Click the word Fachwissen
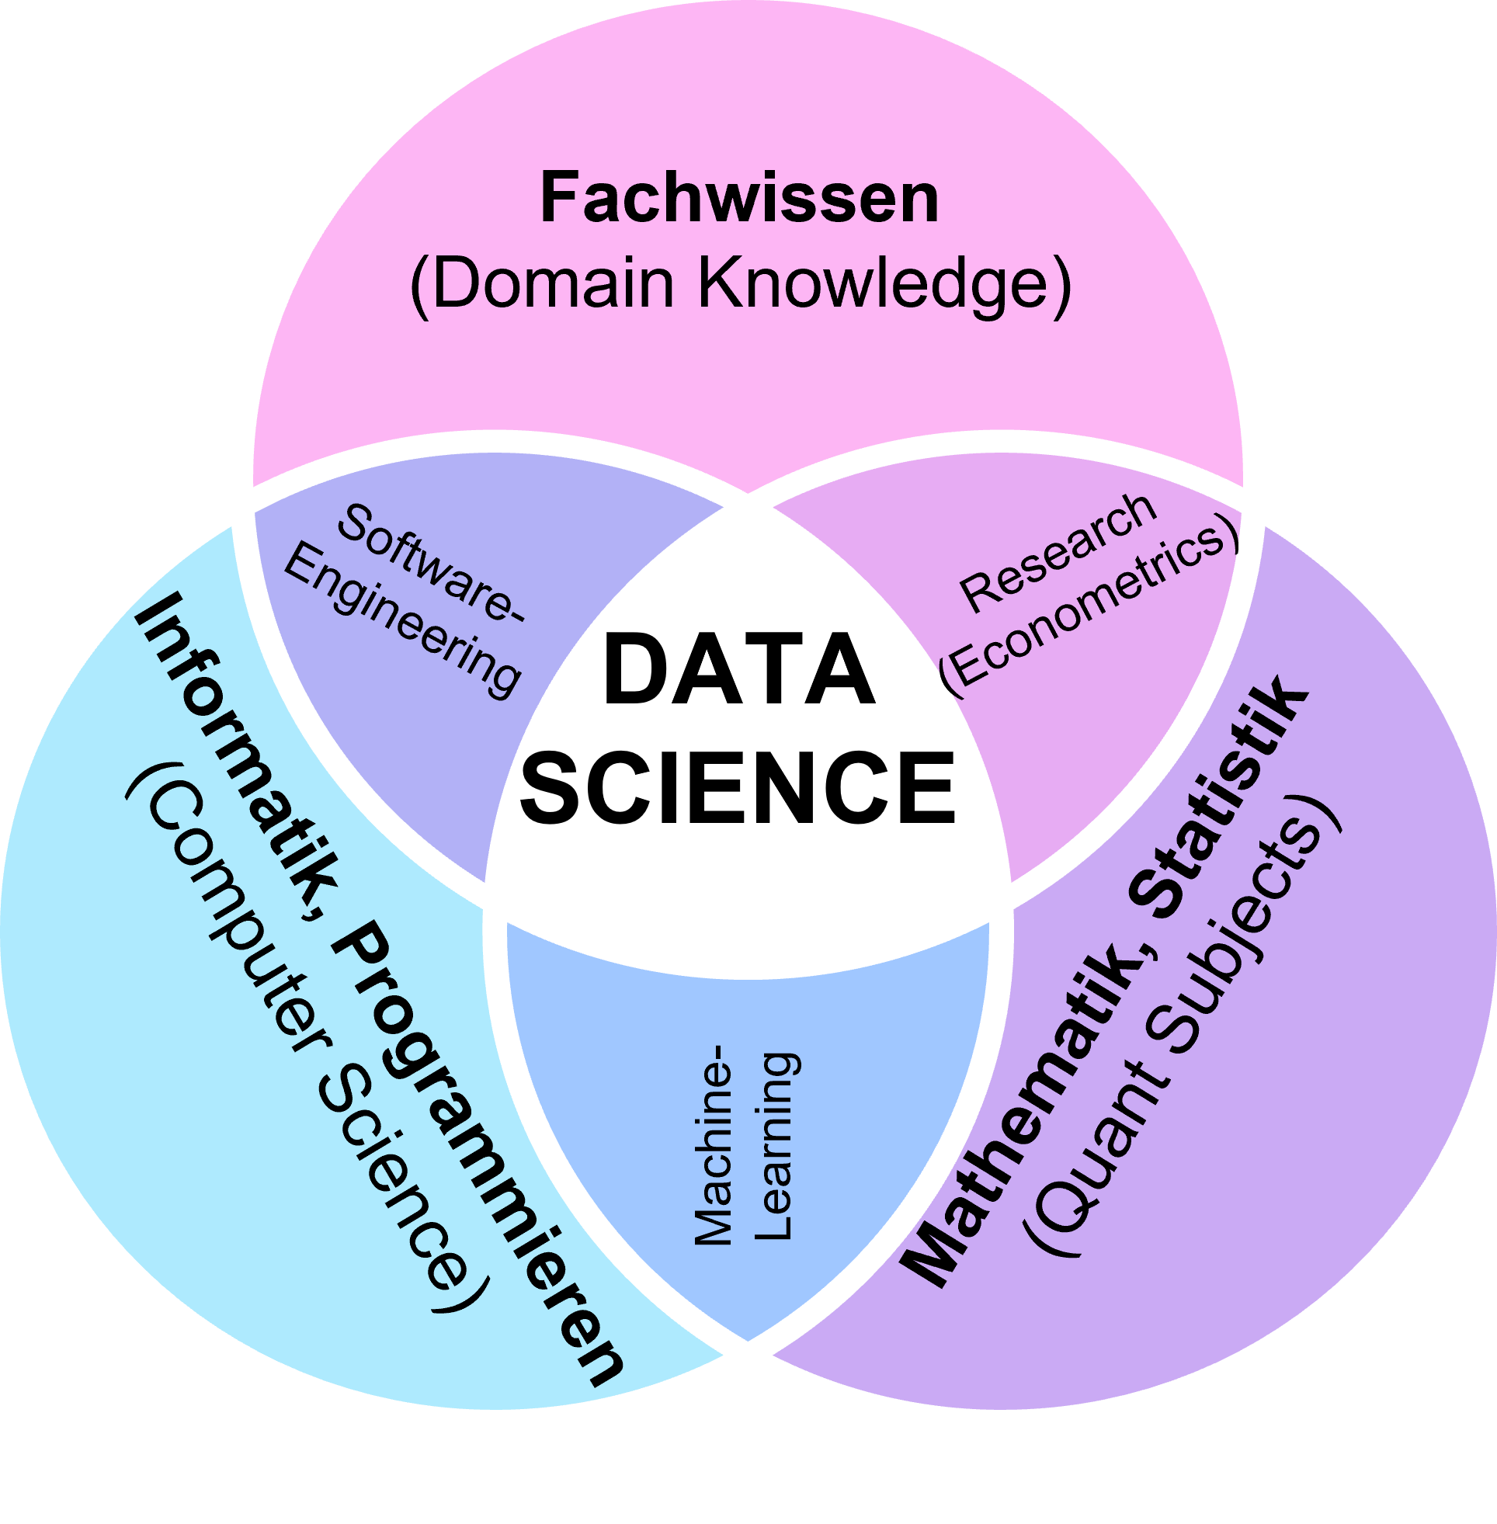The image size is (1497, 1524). point(739,199)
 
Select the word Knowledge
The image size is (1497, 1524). point(884,284)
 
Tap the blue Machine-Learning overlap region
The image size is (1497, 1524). point(747,1022)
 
